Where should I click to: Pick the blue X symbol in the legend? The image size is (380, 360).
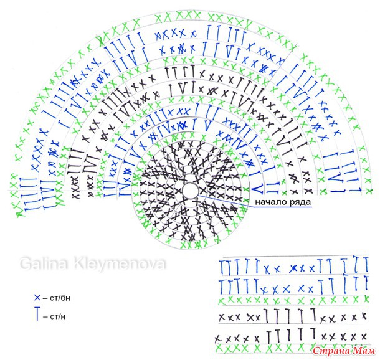coord(37,297)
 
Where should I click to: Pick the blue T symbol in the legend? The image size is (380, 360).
coord(37,315)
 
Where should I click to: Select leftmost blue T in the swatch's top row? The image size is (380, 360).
coord(222,267)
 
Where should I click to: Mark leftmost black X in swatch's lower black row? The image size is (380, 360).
coord(219,339)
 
